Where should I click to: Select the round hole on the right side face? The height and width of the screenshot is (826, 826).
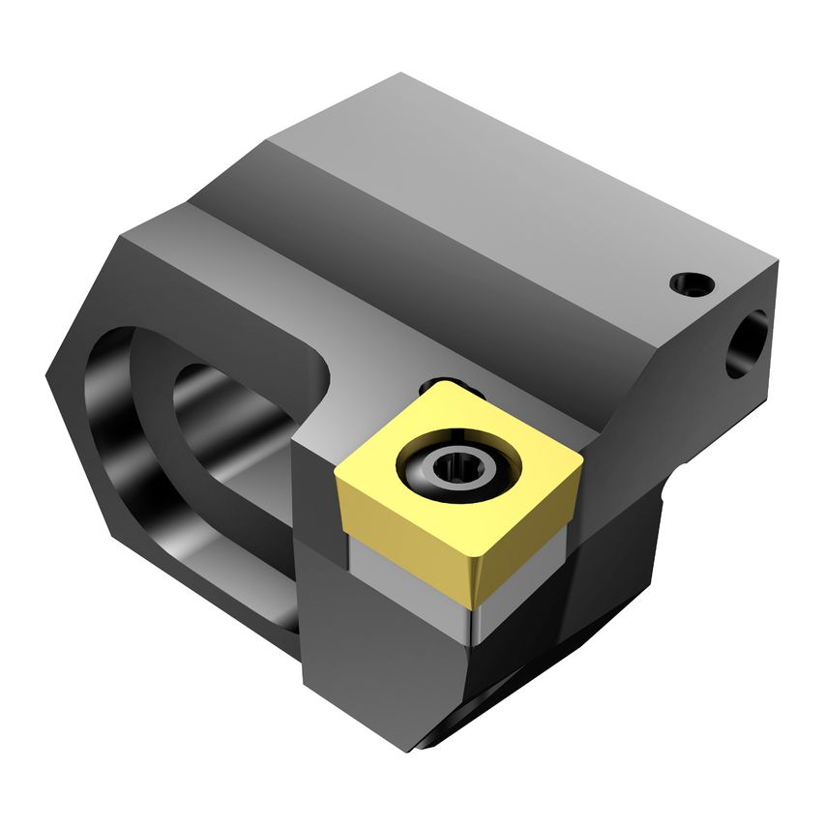(746, 343)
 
